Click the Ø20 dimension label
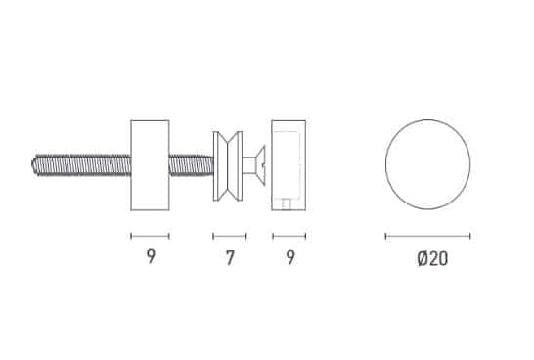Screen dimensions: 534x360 (x=432, y=259)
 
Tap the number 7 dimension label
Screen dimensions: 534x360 (x=230, y=258)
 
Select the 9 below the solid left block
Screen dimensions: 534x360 (x=151, y=256)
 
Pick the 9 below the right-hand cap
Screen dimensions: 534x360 (x=290, y=258)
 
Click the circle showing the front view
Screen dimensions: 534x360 (x=386, y=164)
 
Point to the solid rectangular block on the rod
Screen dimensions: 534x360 (x=150, y=165)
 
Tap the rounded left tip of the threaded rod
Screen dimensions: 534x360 (x=33, y=165)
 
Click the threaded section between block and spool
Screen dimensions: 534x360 (x=192, y=165)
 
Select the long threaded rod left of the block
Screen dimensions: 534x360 (x=81, y=165)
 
